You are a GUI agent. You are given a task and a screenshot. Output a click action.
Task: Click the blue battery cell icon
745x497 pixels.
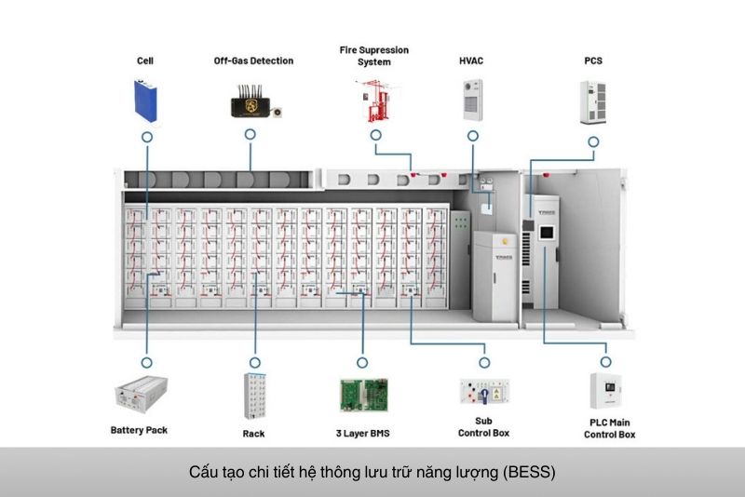click(x=146, y=101)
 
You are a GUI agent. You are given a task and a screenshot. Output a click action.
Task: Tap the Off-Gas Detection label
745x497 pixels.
click(x=253, y=61)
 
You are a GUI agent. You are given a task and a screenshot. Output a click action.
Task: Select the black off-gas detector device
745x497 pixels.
click(x=251, y=103)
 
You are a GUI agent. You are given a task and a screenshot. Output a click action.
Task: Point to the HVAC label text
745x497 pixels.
click(x=471, y=61)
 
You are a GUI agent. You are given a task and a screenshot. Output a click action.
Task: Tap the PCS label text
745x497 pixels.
click(x=593, y=61)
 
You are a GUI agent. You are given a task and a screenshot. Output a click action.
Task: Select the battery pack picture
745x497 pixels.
click(x=141, y=395)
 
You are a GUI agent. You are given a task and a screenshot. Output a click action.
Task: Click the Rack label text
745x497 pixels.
click(x=253, y=434)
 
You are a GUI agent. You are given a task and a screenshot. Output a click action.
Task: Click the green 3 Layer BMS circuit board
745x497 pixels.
click(x=363, y=396)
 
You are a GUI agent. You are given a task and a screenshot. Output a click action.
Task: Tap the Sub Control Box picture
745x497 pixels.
click(x=483, y=393)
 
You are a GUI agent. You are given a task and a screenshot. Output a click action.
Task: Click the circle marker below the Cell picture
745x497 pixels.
click(x=146, y=136)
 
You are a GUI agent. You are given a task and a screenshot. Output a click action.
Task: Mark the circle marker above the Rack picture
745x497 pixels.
click(x=253, y=359)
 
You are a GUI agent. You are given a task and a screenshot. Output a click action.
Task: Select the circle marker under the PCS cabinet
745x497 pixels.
click(x=593, y=141)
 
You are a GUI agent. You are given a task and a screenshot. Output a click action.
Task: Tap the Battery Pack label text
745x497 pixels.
click(x=139, y=431)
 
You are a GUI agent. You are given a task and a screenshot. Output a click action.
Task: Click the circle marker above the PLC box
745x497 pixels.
click(x=605, y=361)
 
